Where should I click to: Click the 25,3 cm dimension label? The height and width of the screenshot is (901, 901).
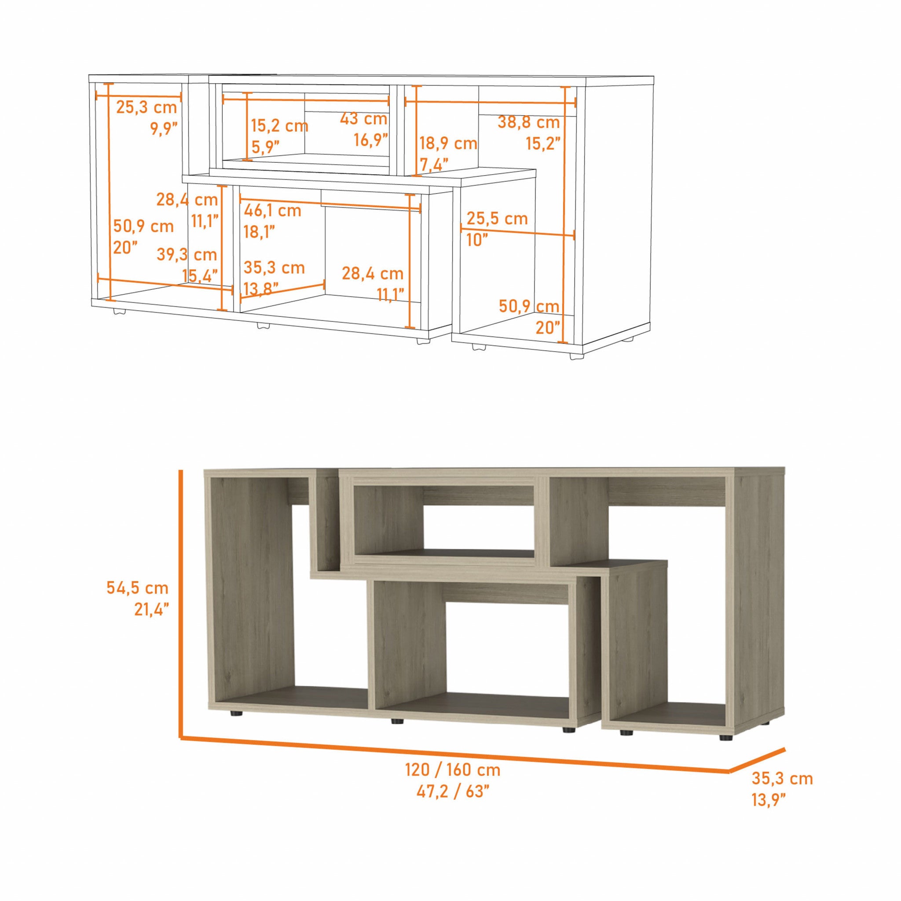coord(147,107)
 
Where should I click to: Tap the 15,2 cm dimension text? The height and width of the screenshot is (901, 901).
coord(279,126)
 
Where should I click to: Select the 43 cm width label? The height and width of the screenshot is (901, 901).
coord(363,119)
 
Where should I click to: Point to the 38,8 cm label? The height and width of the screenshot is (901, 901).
coord(528,123)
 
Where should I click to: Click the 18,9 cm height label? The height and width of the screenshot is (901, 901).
coord(448,143)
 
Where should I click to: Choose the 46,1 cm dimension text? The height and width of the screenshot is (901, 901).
coord(272,211)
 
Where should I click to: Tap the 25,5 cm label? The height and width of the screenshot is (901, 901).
coord(497,218)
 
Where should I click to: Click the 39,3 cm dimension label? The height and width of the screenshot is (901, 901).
coord(187,255)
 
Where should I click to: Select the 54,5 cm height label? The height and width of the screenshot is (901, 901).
coord(137,588)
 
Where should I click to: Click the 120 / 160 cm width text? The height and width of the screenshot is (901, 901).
coord(453,770)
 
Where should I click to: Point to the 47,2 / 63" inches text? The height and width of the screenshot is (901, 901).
coord(453,791)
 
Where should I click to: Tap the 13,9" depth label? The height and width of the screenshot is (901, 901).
coord(769,800)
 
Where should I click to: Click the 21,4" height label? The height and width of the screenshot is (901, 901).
coord(152,609)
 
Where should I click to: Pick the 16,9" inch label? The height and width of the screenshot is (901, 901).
coord(371,139)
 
